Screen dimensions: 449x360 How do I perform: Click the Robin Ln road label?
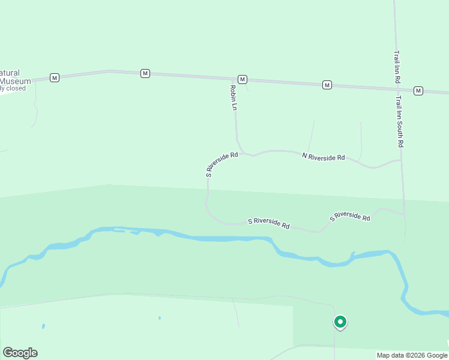(234, 97)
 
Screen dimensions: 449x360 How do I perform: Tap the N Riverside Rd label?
(324, 157)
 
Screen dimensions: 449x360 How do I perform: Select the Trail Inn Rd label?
(397, 67)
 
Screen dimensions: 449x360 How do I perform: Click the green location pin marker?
(340, 323)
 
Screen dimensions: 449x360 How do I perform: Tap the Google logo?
(20, 353)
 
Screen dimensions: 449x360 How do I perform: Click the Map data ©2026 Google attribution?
(412, 355)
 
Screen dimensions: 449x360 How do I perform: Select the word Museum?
(16, 81)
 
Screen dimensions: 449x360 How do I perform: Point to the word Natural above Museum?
(10, 73)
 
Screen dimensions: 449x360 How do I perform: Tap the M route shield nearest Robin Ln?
(242, 79)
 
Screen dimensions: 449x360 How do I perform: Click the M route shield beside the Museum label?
(55, 77)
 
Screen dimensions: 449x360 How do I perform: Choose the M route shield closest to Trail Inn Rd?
(418, 91)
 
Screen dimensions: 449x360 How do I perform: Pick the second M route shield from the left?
(145, 73)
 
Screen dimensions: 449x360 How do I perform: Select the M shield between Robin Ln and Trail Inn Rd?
(327, 85)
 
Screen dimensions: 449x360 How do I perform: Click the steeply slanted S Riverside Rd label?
(221, 164)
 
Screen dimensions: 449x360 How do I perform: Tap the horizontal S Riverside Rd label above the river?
(269, 223)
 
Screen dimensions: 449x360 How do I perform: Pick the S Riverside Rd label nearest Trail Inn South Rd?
(350, 216)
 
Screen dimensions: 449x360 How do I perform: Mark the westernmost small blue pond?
(44, 326)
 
